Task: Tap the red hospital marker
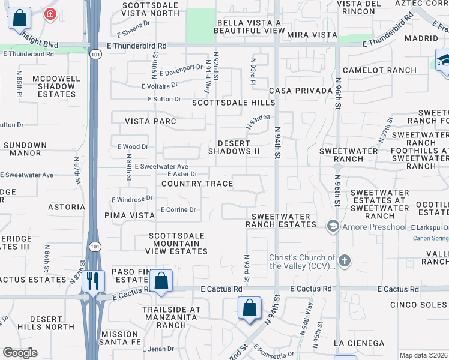point(50,14)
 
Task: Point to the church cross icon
point(344,260)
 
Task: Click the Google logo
point(20,353)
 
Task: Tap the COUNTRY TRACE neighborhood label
point(197,184)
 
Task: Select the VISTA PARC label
point(151,121)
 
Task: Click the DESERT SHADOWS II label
point(234,147)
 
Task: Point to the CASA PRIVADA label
point(301,91)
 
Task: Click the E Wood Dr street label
point(132,146)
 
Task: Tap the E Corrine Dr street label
point(178,210)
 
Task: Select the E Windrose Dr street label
point(132,198)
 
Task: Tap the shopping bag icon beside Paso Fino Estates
point(161,280)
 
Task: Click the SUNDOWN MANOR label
point(25,149)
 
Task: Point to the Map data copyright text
point(423,355)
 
